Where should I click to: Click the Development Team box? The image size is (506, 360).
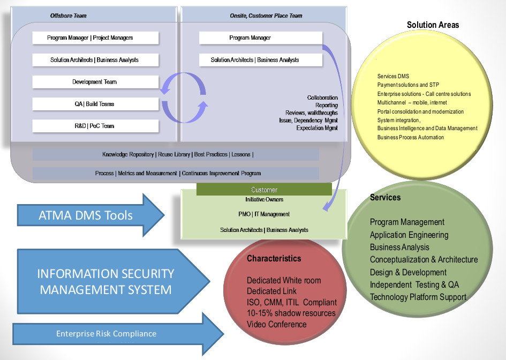click(x=95, y=82)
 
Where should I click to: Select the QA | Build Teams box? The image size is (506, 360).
click(x=95, y=104)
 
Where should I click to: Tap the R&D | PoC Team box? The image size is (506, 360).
click(x=95, y=126)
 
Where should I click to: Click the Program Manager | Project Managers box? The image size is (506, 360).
click(x=95, y=38)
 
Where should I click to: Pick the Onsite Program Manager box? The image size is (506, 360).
click(x=260, y=38)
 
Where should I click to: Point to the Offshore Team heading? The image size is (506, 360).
click(x=69, y=16)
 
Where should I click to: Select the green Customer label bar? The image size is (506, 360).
click(x=264, y=190)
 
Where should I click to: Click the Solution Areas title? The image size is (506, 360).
click(x=433, y=25)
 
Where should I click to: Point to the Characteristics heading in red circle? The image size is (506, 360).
click(x=274, y=259)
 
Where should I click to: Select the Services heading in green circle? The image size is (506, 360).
click(x=385, y=198)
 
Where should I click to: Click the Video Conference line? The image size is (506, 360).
click(x=276, y=324)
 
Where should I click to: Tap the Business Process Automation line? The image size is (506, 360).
click(x=410, y=138)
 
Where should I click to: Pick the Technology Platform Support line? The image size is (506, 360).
click(x=418, y=297)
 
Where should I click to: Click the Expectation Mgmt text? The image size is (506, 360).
click(x=317, y=129)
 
